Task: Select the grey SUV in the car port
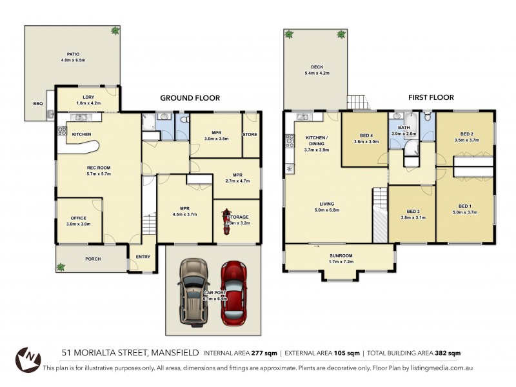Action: pos(193,291)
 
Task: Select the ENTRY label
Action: pos(143,257)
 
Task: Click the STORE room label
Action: pos(250,134)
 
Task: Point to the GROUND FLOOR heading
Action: pos(190,98)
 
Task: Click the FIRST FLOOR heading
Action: pos(430,97)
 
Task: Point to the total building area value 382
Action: pos(440,353)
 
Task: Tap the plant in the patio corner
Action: pos(115,30)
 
